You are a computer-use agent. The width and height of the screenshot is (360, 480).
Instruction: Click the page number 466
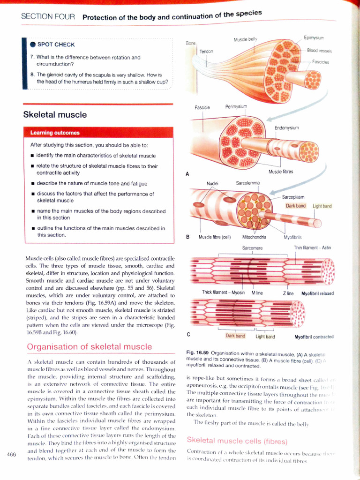click(x=12, y=454)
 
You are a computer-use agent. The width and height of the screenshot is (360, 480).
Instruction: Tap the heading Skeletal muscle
click(x=55, y=115)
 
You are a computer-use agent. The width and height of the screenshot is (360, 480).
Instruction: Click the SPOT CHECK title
click(x=56, y=45)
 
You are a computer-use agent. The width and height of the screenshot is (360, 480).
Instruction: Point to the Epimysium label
click(x=314, y=37)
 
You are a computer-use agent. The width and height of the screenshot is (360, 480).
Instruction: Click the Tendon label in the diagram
click(x=206, y=51)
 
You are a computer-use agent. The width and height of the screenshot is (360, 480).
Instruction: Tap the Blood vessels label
click(x=319, y=50)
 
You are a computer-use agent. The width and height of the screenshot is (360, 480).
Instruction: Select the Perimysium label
click(x=236, y=107)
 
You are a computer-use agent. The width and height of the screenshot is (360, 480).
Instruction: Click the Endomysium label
click(x=286, y=127)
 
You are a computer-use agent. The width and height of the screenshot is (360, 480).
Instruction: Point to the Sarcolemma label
click(x=247, y=183)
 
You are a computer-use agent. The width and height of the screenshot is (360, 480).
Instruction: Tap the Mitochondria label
click(x=254, y=237)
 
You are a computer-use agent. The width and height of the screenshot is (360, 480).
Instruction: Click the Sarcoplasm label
click(x=294, y=197)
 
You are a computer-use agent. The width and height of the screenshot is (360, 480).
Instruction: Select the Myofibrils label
click(x=293, y=237)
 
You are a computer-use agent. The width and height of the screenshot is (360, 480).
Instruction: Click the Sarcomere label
click(x=252, y=247)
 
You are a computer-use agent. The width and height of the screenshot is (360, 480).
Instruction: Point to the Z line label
click(x=288, y=293)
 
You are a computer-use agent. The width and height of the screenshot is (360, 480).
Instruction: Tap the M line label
click(x=257, y=292)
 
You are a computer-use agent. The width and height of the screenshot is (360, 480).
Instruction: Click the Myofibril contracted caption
click(x=314, y=337)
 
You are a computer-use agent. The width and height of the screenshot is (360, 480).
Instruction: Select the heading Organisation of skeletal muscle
click(x=90, y=347)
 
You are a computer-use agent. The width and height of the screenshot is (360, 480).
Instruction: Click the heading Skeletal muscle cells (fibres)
click(x=237, y=441)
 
